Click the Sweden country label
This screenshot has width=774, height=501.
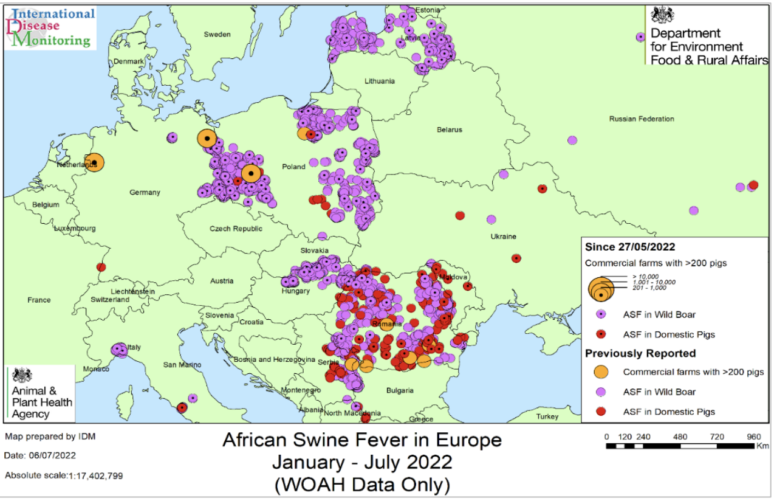217,34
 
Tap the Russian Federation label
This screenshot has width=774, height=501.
642,119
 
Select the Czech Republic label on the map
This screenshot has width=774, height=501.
236,229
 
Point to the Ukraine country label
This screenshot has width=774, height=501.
503,236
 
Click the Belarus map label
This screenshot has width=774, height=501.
449,130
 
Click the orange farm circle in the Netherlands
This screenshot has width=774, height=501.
94,162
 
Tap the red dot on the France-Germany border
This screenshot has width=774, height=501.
101,267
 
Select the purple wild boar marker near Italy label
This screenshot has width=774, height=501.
119,350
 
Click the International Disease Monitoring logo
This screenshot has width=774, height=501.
51,27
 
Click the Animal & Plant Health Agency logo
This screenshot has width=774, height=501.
40,393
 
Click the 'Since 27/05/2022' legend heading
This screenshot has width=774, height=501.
630,247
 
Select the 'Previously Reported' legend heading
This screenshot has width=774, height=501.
640,353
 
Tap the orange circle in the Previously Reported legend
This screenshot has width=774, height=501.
601,371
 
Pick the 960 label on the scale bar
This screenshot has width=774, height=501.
753,437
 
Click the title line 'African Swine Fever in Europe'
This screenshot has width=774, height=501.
362,440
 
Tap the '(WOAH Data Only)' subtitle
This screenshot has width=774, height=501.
362,485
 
